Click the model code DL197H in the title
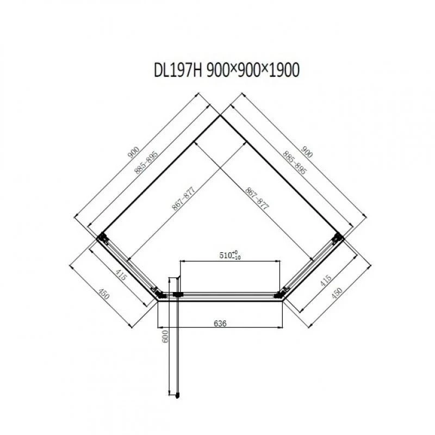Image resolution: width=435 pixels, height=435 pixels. [178, 70]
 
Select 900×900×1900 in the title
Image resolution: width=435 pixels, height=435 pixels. [253, 70]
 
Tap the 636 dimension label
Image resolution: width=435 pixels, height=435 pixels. [220, 323]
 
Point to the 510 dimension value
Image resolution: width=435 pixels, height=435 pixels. [226, 255]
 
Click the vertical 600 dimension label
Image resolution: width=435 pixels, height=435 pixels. [165, 336]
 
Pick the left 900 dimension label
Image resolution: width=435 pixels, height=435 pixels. [133, 152]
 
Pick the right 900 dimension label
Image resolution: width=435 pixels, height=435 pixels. [307, 152]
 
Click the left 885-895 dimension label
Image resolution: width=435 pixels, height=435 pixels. [146, 162]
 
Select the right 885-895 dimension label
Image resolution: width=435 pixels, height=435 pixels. [294, 162]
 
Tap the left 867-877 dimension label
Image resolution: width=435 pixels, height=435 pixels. [184, 198]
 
